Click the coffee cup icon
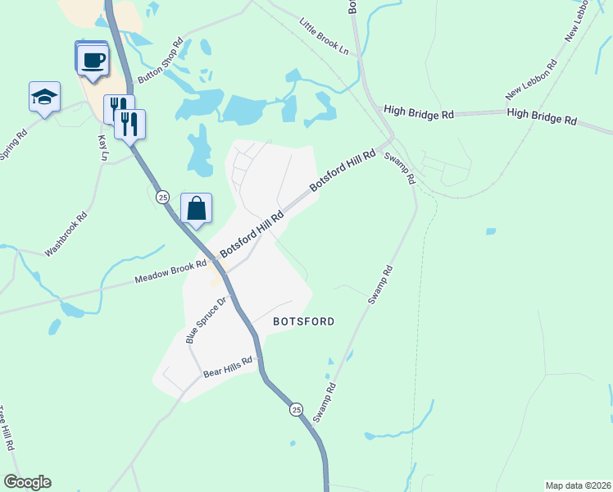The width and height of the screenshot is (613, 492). point(93,60)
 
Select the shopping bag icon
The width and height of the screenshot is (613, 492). point(197,210)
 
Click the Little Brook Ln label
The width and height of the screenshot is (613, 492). point(324,38)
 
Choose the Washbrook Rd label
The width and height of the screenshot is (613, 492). point(66,236)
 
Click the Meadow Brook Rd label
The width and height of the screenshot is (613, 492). point(171,272)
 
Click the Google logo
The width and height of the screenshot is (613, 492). point(27,482)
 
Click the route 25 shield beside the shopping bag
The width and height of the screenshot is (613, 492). point(163,198)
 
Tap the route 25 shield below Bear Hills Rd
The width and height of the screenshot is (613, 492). point(296,409)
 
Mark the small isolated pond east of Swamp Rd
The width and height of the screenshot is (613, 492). point(490,232)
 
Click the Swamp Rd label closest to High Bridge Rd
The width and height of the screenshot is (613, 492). point(402,168)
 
